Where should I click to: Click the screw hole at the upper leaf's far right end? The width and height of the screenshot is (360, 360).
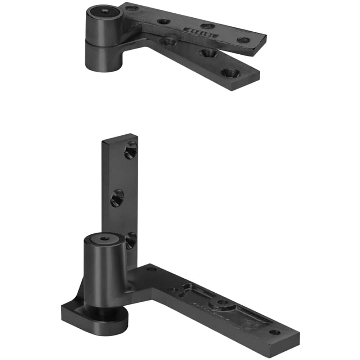click(244, 40)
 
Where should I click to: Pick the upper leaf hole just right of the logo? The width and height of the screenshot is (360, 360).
click(208, 26)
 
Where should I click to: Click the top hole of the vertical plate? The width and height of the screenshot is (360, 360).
click(130, 150)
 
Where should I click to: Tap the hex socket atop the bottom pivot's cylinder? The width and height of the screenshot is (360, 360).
click(104, 239)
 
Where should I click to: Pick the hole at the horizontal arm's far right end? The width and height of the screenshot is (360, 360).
click(274, 332)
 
